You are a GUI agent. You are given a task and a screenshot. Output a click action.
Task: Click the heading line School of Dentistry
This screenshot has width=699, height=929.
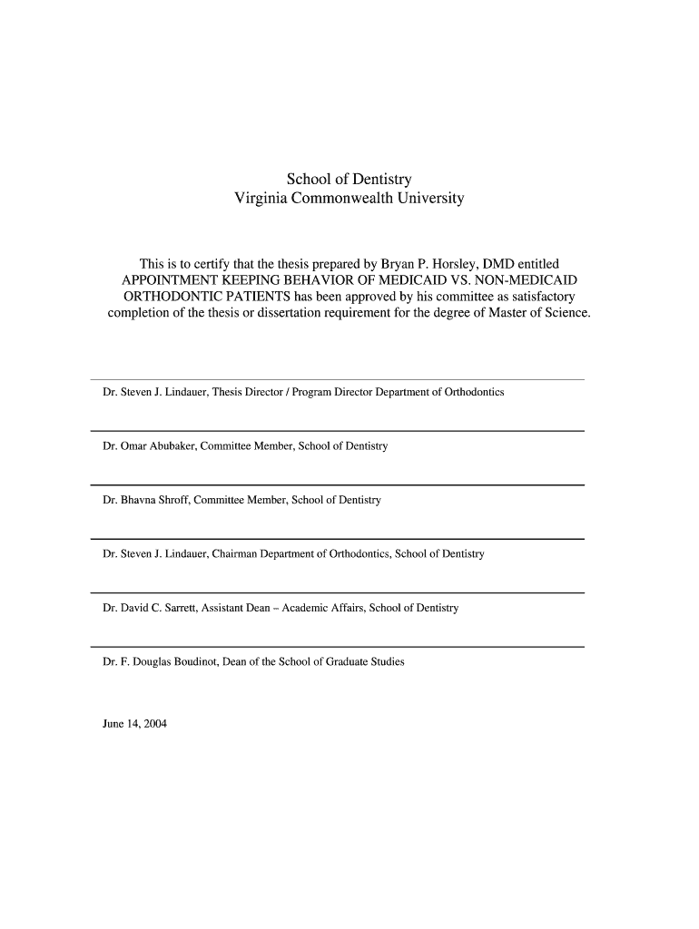[x=349, y=179]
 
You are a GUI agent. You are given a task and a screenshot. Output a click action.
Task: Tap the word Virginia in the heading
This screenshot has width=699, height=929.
[x=262, y=198]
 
